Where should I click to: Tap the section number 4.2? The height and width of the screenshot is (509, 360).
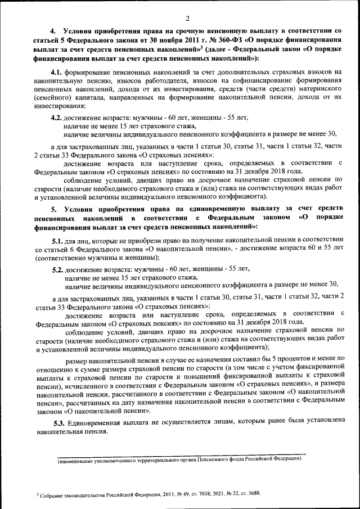(57, 118)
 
